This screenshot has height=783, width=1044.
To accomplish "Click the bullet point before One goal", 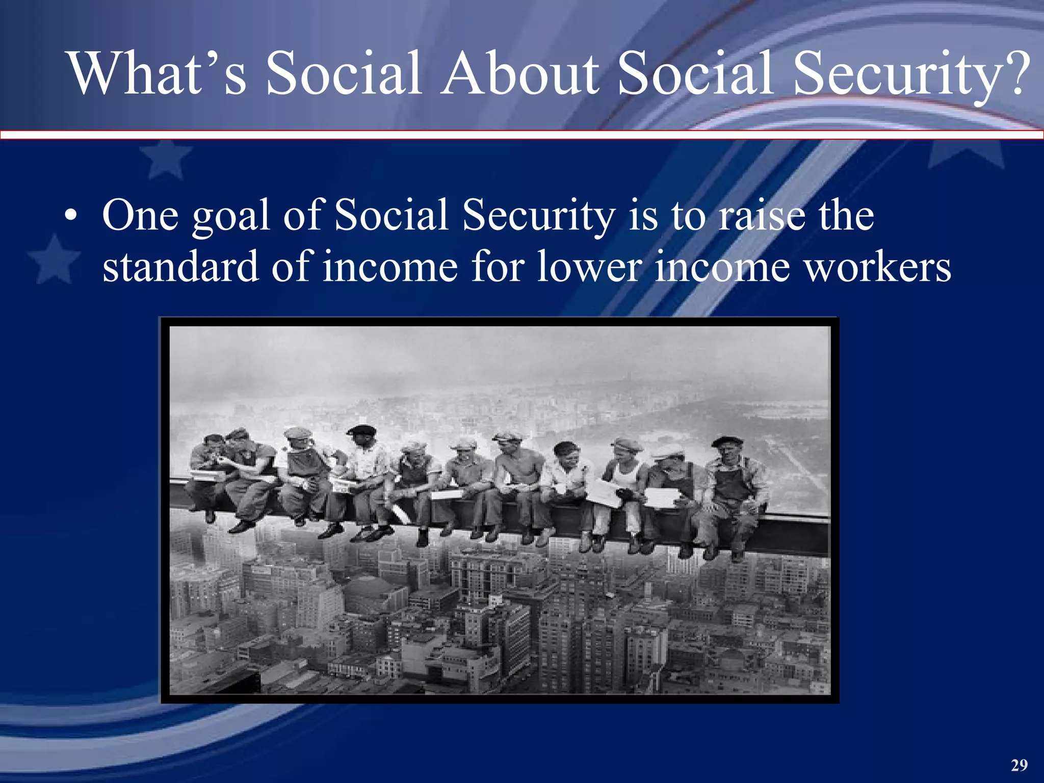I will click(x=71, y=216).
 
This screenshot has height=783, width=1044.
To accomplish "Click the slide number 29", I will click(x=1020, y=765).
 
